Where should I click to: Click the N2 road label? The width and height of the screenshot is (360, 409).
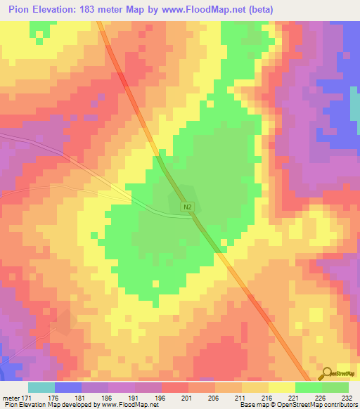(188, 207)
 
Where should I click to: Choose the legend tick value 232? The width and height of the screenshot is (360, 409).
(347, 399)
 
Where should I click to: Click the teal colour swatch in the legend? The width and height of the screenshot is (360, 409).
(41, 387)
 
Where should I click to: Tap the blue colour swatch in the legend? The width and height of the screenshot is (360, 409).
(68, 387)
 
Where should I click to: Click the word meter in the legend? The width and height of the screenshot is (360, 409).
(11, 399)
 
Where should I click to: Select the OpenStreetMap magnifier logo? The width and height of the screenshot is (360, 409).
(327, 374)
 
